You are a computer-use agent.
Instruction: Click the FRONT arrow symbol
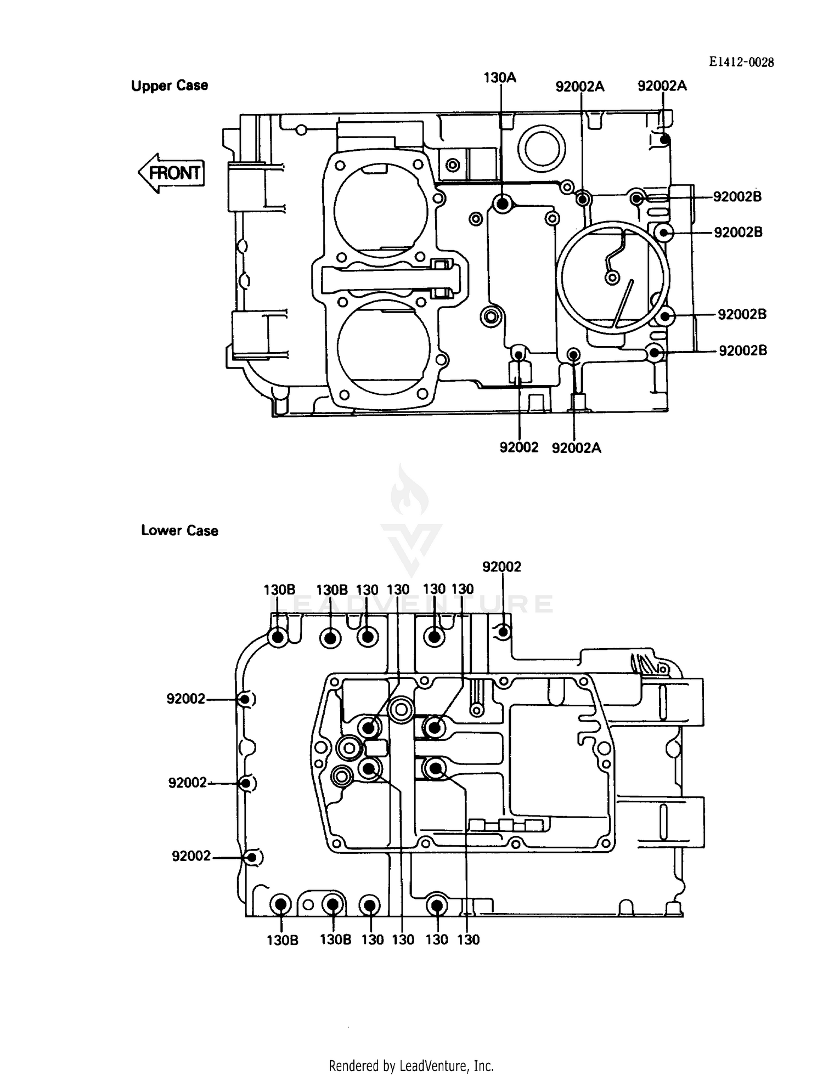point(172,173)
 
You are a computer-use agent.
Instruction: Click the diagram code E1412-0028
point(741,63)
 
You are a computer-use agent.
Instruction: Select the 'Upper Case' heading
point(170,86)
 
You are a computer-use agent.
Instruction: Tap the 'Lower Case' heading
point(179,530)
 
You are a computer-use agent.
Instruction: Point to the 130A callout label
point(499,78)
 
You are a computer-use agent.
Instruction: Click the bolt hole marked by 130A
point(502,204)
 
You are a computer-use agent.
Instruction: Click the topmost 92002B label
point(737,196)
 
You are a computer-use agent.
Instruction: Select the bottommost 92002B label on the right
point(742,350)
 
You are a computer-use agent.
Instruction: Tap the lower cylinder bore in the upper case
point(384,347)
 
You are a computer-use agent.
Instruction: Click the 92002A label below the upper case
point(576,448)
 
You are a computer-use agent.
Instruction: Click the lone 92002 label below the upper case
point(518,448)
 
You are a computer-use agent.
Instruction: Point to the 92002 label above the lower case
point(501,567)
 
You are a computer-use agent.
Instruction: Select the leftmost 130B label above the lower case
point(279,590)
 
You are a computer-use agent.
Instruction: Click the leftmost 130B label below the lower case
point(282,939)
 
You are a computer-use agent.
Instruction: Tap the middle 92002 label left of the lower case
point(187,783)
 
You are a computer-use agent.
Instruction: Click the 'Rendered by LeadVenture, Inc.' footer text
point(411,1066)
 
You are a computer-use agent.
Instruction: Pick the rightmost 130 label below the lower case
point(468,939)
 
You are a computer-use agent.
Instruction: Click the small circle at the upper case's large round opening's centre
point(612,278)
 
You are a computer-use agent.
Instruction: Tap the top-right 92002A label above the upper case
point(662,86)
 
